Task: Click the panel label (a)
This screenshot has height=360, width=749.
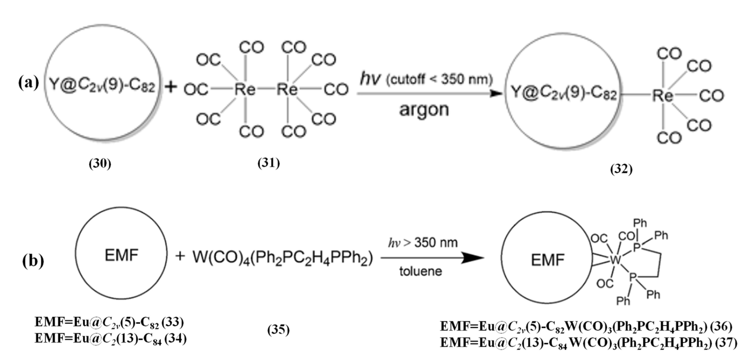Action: click(29, 83)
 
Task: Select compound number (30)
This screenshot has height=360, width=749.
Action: click(100, 164)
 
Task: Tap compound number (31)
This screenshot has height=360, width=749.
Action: click(269, 163)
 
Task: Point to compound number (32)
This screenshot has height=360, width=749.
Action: click(621, 169)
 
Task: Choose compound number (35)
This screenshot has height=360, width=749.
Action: click(279, 330)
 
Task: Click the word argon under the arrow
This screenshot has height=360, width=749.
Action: click(424, 110)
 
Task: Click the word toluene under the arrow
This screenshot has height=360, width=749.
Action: click(421, 271)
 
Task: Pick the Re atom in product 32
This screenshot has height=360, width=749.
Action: click(662, 96)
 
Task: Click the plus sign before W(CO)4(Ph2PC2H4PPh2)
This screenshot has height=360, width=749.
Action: click(180, 256)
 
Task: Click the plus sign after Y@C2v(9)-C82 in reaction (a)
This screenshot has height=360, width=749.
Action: click(171, 87)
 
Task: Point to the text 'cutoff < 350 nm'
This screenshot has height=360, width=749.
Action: click(439, 80)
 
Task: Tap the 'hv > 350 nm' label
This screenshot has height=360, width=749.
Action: click(423, 243)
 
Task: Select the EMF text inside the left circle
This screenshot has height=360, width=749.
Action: click(121, 255)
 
